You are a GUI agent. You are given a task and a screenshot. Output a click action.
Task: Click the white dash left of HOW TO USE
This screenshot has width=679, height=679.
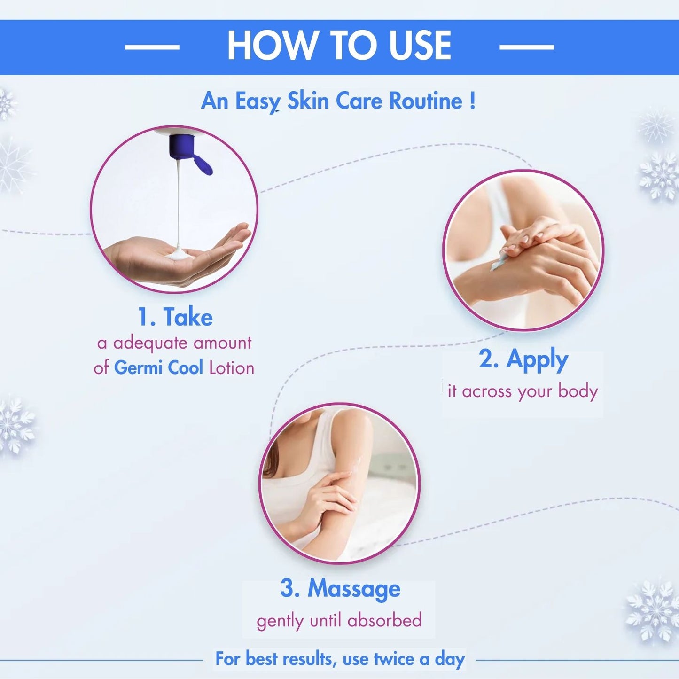[x=152, y=47]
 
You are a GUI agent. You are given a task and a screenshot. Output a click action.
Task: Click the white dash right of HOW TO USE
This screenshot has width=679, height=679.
[x=527, y=47]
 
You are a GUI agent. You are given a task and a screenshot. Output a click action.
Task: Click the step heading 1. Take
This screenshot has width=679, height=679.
[x=175, y=317]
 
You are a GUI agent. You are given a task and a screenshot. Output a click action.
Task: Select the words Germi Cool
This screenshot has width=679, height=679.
[x=158, y=368]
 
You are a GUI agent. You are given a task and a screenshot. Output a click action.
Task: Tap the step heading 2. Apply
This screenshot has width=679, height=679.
[x=523, y=360]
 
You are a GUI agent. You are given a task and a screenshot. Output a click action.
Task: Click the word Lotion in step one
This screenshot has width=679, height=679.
[x=232, y=368]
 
